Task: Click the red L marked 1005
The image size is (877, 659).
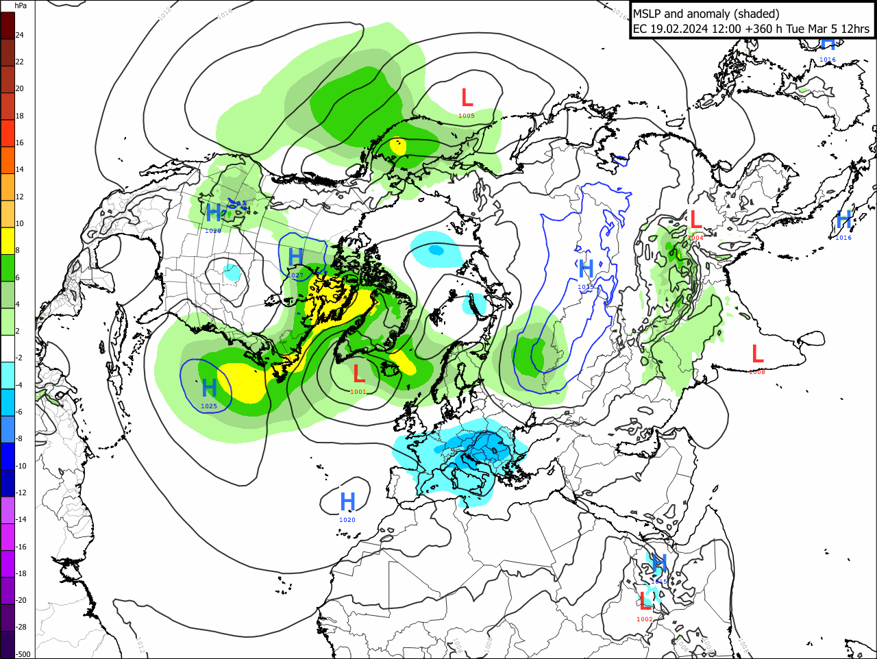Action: coord(467,98)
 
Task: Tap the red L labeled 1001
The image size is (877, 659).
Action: coord(358,374)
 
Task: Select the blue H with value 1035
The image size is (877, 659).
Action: coord(586,269)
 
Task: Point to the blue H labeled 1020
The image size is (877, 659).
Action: coord(348,502)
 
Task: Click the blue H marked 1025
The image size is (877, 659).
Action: coord(210,389)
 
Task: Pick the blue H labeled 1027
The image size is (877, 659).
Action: coord(295,258)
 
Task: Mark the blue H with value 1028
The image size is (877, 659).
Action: coord(214,213)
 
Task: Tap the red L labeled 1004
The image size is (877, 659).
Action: coord(695,220)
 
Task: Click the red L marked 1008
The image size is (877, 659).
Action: coord(757,354)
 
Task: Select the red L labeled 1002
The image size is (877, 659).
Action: coord(645,602)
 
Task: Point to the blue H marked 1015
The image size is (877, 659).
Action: coord(658,564)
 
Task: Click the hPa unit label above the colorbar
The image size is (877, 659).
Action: coord(21,5)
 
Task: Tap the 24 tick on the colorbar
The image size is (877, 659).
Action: coord(20,35)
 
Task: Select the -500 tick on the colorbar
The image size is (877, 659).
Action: coord(23,654)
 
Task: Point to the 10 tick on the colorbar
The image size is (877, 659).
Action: coord(20,223)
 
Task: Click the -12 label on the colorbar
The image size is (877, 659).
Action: coord(21,493)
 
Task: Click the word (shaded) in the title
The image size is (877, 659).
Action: coord(758,14)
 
